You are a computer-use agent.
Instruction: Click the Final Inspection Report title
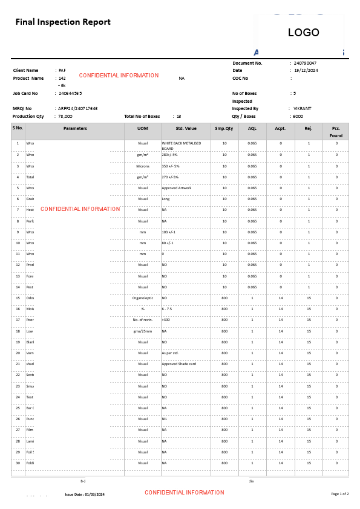pyautogui.click(x=63, y=22)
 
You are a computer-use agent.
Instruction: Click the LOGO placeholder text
pyautogui.click(x=303, y=33)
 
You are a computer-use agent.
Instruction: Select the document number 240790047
pyautogui.click(x=305, y=63)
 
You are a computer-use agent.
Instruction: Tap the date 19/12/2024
pyautogui.click(x=306, y=71)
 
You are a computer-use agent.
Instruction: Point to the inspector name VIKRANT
pyautogui.click(x=303, y=109)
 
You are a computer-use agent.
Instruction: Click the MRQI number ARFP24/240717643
pyautogui.click(x=78, y=109)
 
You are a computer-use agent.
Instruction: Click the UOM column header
pyautogui.click(x=142, y=128)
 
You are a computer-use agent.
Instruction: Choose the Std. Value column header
pyautogui.click(x=186, y=128)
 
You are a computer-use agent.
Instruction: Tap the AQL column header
pyautogui.click(x=252, y=128)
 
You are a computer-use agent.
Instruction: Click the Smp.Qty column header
pyautogui.click(x=224, y=128)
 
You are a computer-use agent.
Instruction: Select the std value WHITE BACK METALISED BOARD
pyautogui.click(x=181, y=146)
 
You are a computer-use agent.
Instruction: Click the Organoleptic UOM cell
pyautogui.click(x=142, y=298)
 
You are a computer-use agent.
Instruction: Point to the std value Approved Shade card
pyautogui.click(x=178, y=364)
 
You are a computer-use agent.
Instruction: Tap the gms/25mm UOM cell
pyautogui.click(x=142, y=331)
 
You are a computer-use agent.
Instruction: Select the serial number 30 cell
pyautogui.click(x=18, y=463)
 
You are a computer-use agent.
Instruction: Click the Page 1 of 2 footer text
pyautogui.click(x=339, y=494)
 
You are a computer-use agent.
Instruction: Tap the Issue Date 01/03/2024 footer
pyautogui.click(x=85, y=494)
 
